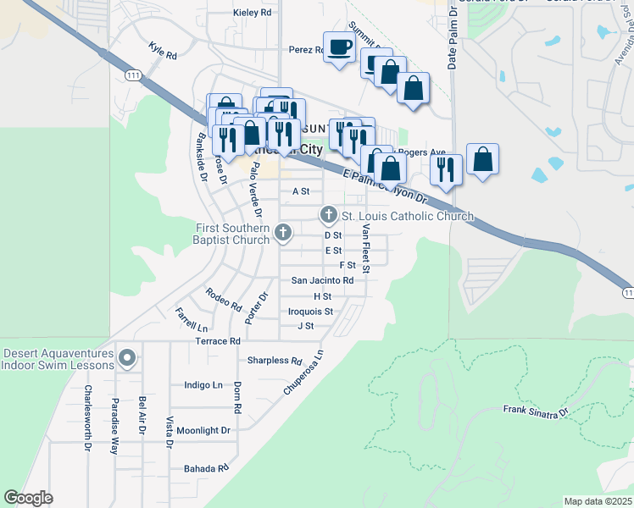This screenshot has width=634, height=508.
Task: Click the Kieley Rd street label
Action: (253, 13)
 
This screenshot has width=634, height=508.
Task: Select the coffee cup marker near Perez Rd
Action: (340, 47)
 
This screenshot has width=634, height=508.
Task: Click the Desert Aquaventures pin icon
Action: (128, 358)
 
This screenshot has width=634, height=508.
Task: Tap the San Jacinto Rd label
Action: (322, 280)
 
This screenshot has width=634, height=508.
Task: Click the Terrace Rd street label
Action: (218, 341)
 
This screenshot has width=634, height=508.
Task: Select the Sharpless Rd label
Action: (275, 360)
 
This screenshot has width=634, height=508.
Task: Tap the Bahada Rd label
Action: (207, 468)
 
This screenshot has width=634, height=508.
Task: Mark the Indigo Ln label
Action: (203, 384)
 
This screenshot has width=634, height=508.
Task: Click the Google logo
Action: (28, 498)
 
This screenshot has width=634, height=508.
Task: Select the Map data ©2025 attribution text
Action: (598, 501)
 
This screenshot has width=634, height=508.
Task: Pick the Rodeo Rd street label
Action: (224, 299)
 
